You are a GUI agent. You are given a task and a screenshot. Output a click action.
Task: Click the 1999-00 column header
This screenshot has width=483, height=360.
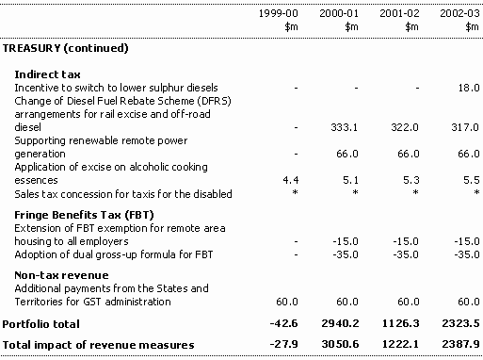click(x=278, y=13)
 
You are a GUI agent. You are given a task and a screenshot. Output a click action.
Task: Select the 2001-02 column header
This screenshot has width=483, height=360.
click(x=399, y=13)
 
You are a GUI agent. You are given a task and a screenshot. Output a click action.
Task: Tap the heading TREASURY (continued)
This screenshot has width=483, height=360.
click(x=65, y=48)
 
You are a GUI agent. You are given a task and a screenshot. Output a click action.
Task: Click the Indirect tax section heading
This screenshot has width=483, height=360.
click(x=47, y=74)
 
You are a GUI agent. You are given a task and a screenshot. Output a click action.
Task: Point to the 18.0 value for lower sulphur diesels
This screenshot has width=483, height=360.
click(x=469, y=88)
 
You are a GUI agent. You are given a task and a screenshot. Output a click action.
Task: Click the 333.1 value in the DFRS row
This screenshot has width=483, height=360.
click(x=344, y=127)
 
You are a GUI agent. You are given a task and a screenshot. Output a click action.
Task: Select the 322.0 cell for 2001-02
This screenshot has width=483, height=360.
click(x=405, y=127)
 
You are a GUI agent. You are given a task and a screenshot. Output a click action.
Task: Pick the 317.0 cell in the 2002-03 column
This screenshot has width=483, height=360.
click(x=465, y=127)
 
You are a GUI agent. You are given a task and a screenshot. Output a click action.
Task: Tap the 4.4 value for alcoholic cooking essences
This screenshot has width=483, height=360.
click(x=291, y=180)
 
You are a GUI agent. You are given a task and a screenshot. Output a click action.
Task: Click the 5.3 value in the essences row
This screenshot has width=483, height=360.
click(x=411, y=180)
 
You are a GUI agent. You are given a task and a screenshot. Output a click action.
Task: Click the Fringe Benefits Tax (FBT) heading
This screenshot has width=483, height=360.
click(x=84, y=215)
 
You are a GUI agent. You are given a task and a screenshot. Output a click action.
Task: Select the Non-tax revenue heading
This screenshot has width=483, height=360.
click(x=61, y=275)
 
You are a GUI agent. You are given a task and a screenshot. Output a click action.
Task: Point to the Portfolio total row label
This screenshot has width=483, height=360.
click(x=40, y=324)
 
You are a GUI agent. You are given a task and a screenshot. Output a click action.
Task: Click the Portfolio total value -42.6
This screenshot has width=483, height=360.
click(x=283, y=323)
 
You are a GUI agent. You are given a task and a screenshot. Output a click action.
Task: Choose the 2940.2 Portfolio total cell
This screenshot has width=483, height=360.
click(x=340, y=323)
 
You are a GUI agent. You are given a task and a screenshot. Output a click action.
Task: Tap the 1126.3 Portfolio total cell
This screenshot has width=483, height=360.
click(x=400, y=323)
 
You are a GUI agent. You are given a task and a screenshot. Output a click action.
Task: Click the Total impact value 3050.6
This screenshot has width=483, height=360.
click(x=340, y=344)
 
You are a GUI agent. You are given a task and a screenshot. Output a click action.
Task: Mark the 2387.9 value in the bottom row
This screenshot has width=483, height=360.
click(x=460, y=344)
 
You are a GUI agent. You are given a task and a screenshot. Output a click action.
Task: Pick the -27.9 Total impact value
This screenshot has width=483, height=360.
click(x=283, y=344)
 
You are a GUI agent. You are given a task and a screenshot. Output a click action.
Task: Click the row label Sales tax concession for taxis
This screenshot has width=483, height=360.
click(x=123, y=194)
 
